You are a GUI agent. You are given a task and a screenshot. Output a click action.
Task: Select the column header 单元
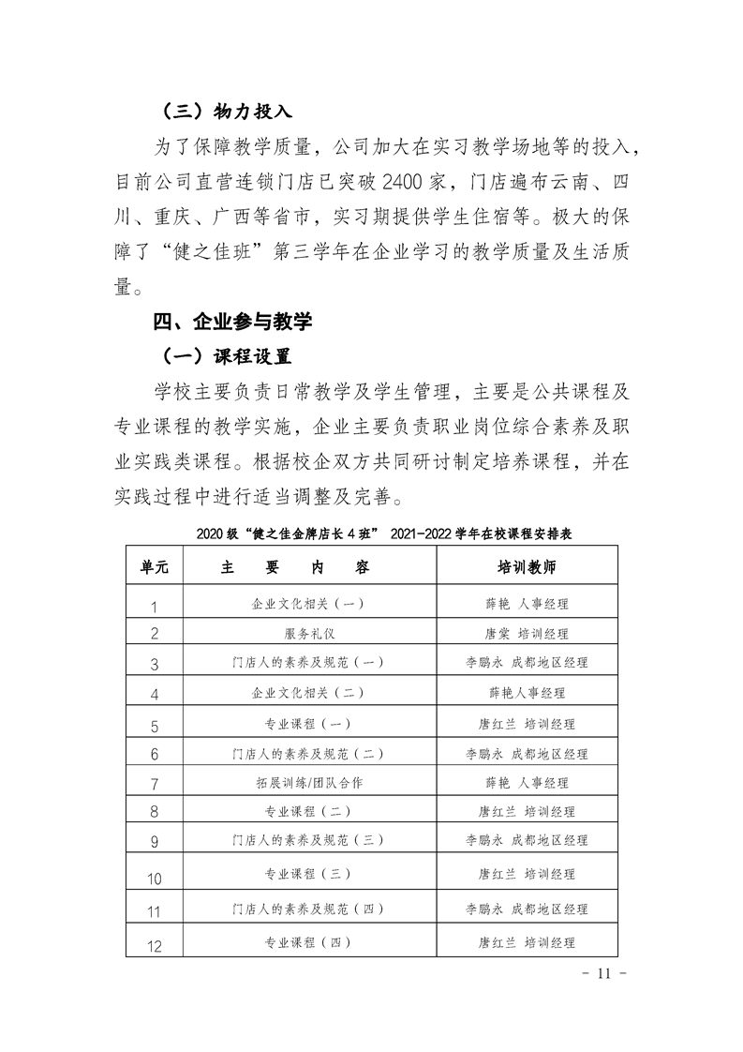tap(155, 568)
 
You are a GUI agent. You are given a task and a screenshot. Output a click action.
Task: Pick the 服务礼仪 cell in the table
tap(309, 633)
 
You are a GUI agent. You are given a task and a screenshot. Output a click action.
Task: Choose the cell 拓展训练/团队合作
tap(309, 782)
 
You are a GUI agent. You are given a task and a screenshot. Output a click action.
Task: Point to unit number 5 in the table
tap(155, 724)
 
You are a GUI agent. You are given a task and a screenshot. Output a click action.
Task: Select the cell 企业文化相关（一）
tap(309, 604)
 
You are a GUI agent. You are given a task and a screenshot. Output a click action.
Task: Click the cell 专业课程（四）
tap(309, 942)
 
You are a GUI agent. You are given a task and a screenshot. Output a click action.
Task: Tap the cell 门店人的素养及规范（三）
tap(309, 840)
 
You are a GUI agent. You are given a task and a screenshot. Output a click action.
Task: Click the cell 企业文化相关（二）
tap(309, 693)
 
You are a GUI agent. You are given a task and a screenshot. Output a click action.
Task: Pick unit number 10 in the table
tap(155, 879)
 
